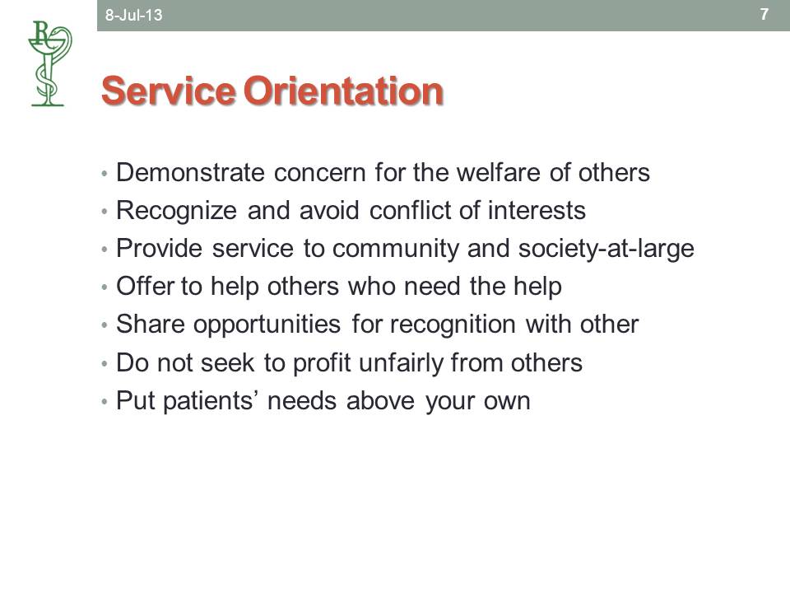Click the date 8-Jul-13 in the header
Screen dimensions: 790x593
[133, 15]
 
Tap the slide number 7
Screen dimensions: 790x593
[764, 14]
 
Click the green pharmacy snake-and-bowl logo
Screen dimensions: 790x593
[49, 63]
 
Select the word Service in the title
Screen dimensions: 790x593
[168, 91]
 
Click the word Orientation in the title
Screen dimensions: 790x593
[344, 91]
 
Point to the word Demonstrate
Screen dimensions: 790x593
[190, 172]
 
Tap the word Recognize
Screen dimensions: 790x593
[176, 211]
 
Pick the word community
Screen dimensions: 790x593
[394, 249]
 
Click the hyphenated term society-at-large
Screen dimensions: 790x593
[606, 249]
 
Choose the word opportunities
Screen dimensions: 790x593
[267, 325]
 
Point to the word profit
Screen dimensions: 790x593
[322, 363]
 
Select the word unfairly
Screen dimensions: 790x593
[401, 363]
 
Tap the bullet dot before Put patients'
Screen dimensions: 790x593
[105, 402]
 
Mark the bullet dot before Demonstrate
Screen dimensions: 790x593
[105, 174]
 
